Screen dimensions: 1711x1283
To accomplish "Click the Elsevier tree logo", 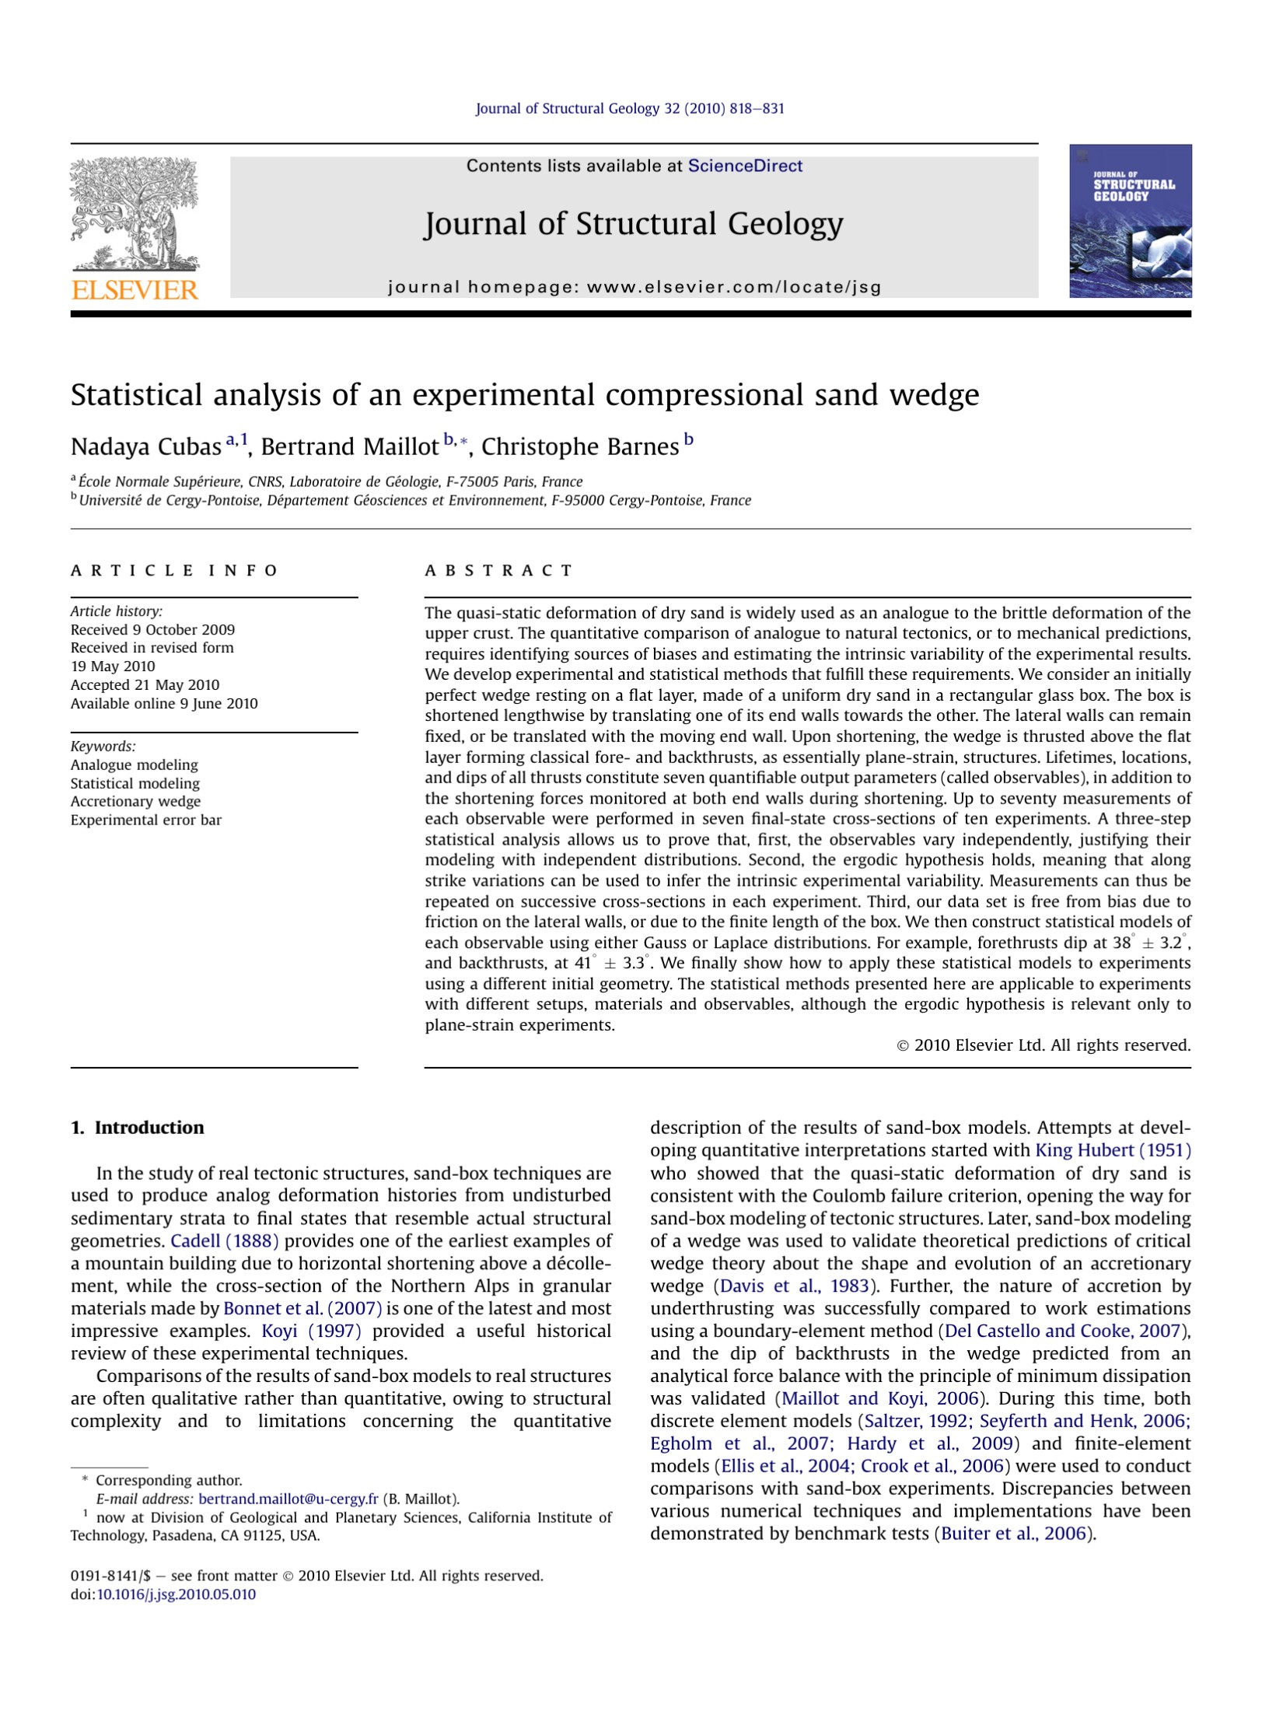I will (x=134, y=214).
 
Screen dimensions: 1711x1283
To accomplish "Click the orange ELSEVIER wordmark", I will (x=135, y=290).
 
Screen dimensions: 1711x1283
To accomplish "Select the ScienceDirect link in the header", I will (x=744, y=166).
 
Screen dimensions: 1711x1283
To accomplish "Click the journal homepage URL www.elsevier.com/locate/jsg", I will (x=734, y=287).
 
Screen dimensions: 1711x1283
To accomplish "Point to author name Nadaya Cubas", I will (x=145, y=447).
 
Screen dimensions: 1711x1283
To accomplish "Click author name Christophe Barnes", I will (x=580, y=447).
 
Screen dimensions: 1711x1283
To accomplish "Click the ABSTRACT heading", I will (x=498, y=571).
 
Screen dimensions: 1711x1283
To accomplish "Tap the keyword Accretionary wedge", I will (x=135, y=801).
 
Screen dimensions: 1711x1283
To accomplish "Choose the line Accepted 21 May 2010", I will (x=145, y=684).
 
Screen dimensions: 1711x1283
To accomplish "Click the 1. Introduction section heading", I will (x=137, y=1128).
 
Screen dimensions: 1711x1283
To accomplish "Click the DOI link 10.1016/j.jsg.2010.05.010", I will (x=176, y=1594).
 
